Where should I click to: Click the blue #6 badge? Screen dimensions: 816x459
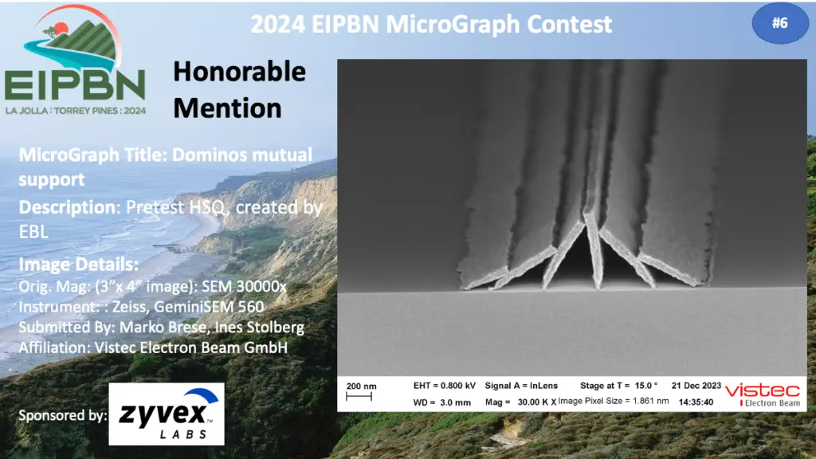(779, 23)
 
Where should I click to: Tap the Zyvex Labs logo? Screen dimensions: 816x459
(167, 414)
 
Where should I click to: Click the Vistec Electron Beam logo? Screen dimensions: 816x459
(763, 394)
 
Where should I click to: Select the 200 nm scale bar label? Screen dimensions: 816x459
(361, 386)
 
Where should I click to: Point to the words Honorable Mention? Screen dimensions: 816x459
(239, 89)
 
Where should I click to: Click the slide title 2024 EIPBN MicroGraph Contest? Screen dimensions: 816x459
(431, 24)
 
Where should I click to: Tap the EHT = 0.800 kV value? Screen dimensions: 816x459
(445, 386)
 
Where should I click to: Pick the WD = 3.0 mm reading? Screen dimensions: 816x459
(441, 402)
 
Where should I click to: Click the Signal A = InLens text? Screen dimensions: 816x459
(521, 386)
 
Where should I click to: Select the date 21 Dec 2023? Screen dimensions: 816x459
(696, 386)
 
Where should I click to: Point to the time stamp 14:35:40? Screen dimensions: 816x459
(696, 402)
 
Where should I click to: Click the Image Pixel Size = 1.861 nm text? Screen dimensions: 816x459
(614, 402)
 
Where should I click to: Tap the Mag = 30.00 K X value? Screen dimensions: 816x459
(520, 402)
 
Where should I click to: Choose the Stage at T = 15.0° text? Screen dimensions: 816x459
(618, 386)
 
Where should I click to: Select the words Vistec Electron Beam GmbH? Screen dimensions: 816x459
(191, 347)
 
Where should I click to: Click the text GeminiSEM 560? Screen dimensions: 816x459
(210, 307)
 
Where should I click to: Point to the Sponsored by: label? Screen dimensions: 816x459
(62, 415)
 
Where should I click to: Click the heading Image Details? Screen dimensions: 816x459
(79, 265)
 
